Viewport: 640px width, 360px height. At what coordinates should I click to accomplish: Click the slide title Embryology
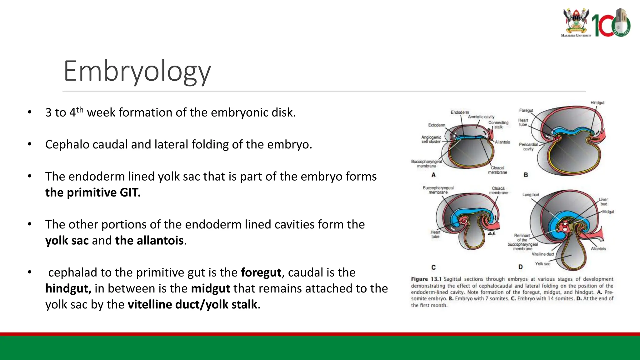point(137,71)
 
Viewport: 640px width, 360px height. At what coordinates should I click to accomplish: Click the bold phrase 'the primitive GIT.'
point(93,192)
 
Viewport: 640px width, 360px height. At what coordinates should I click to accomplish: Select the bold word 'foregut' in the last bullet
point(261,272)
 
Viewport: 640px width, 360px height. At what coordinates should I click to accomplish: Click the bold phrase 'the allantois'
point(149,241)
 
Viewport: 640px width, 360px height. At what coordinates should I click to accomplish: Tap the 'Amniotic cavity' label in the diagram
point(481,117)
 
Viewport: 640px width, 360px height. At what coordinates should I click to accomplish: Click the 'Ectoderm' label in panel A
point(437,125)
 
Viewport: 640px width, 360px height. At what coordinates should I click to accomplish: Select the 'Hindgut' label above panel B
point(597,102)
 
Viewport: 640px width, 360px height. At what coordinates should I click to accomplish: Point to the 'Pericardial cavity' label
point(528,147)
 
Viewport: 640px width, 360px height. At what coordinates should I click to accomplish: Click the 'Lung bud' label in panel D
point(531,195)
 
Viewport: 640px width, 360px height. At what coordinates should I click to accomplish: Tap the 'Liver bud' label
point(603,202)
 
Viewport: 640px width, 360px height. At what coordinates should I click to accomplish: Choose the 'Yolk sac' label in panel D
point(542,264)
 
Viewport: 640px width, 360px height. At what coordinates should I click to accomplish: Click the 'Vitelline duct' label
point(543,254)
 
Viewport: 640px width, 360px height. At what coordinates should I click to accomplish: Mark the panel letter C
point(433,267)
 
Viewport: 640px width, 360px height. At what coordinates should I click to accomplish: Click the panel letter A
point(433,175)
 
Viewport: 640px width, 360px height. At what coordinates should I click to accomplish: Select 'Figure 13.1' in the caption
point(426,279)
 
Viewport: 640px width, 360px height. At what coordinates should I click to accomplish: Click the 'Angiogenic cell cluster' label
point(431,139)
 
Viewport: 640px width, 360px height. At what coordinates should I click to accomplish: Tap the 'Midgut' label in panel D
point(608,212)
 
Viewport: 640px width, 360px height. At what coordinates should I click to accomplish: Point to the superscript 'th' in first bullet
point(80,109)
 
